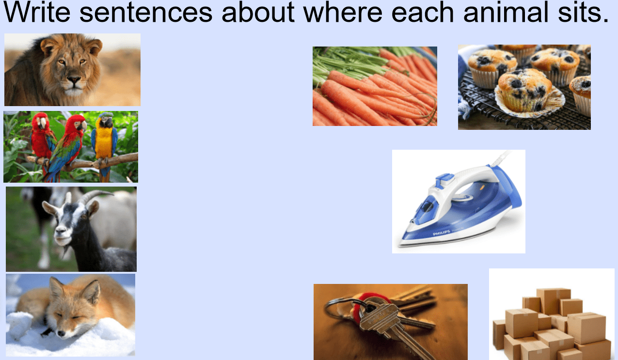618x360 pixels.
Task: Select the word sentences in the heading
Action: (x=146, y=13)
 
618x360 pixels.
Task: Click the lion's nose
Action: (x=74, y=80)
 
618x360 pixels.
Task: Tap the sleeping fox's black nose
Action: (x=61, y=334)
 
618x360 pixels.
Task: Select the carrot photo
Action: (x=375, y=86)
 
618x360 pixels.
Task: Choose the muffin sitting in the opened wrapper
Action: (x=525, y=91)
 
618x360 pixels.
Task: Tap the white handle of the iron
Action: (x=466, y=179)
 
